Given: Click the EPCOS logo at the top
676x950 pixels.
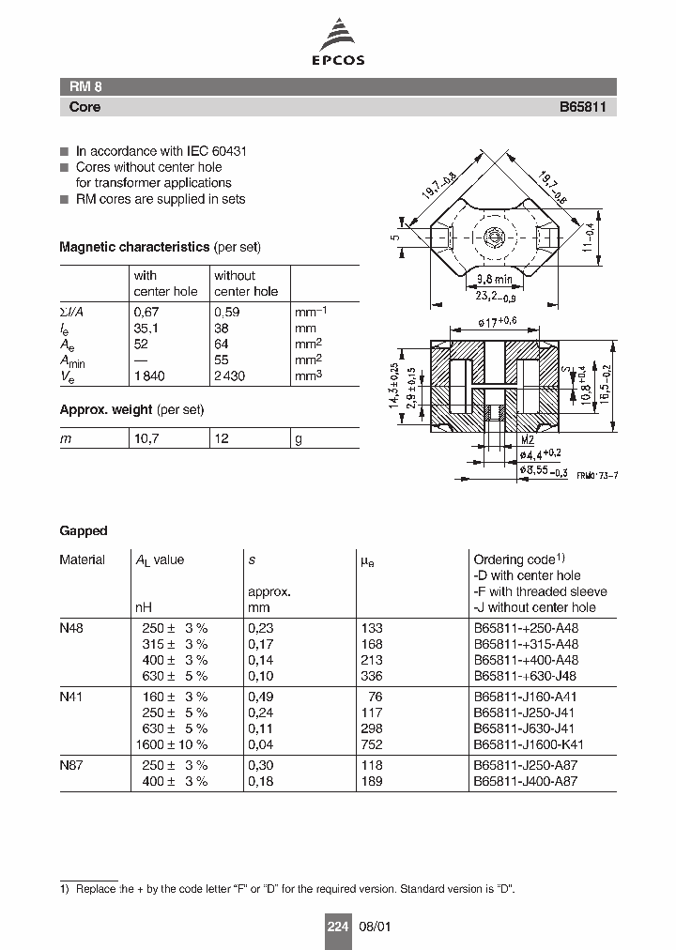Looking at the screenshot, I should pyautogui.click(x=338, y=44).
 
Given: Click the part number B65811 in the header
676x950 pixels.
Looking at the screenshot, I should pyautogui.click(x=582, y=107).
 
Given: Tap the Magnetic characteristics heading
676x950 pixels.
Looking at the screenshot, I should pyautogui.click(x=134, y=247).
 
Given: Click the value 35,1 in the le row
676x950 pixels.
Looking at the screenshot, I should pyautogui.click(x=146, y=329).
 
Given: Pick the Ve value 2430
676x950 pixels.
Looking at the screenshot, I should pyautogui.click(x=231, y=375).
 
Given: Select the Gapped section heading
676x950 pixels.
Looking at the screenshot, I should pyautogui.click(x=84, y=530).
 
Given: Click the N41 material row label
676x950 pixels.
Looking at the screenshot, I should pyautogui.click(x=71, y=697).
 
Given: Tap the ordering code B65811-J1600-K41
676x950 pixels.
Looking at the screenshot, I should pyautogui.click(x=530, y=744).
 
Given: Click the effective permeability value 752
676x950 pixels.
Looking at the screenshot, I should pyautogui.click(x=372, y=744).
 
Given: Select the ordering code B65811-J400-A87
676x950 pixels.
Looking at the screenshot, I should pyautogui.click(x=526, y=781).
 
